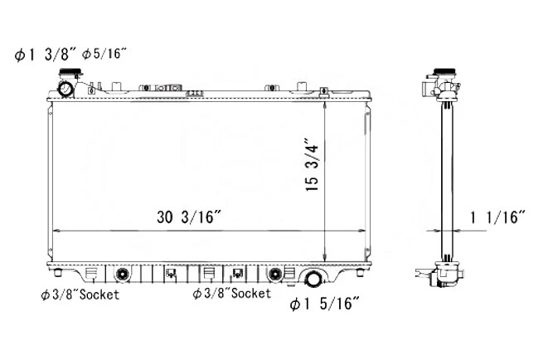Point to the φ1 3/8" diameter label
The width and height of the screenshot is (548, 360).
click(x=46, y=55)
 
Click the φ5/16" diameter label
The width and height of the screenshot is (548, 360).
click(x=104, y=55)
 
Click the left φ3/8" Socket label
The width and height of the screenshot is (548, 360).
click(x=80, y=294)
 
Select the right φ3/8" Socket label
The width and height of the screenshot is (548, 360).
click(x=232, y=294)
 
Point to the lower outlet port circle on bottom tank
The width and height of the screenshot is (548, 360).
click(x=314, y=279)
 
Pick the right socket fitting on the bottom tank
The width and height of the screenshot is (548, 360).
click(x=274, y=274)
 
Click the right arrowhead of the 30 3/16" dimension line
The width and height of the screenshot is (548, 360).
click(x=361, y=230)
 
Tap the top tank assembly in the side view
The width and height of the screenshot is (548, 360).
click(x=444, y=88)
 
